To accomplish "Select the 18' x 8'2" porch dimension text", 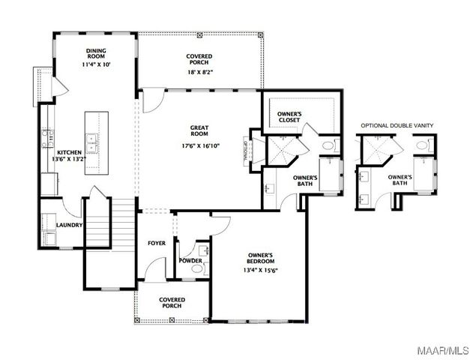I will (x=199, y=73).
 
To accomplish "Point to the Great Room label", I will (x=199, y=132).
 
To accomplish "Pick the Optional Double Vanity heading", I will (x=397, y=125).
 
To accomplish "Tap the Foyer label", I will (x=157, y=243).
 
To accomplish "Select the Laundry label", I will (x=68, y=225).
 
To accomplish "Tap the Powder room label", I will (x=190, y=260).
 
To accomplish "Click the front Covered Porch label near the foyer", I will (x=172, y=303).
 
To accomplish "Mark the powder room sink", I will (x=203, y=250).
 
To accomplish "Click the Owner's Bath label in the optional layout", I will (x=398, y=181).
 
